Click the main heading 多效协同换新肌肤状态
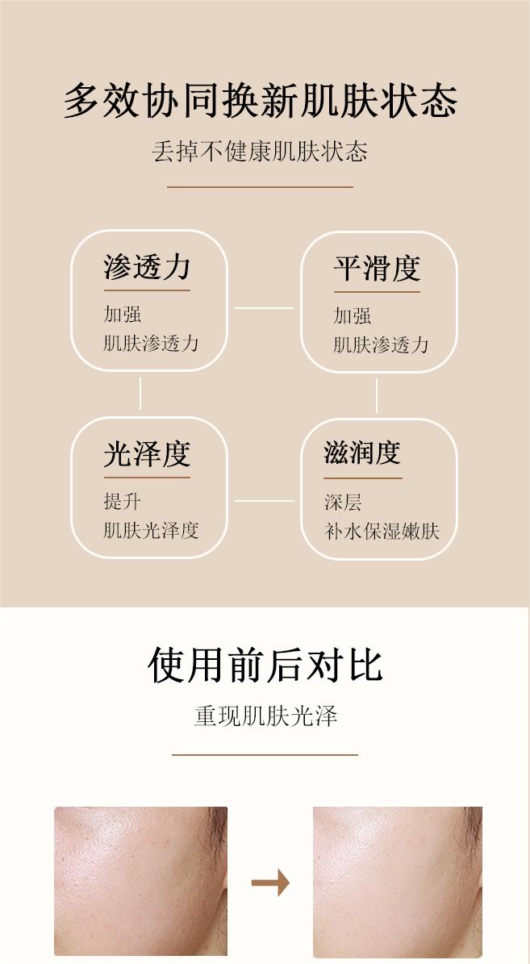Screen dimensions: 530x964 click(x=261, y=101)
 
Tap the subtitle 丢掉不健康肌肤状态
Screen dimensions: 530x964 click(x=260, y=152)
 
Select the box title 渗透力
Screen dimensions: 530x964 click(x=147, y=267)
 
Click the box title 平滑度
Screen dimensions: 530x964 click(x=377, y=269)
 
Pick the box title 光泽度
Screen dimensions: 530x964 click(x=147, y=454)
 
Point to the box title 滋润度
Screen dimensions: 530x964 click(x=362, y=453)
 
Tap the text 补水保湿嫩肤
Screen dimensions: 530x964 click(x=382, y=531)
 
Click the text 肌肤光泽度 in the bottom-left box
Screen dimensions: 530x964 click(x=151, y=530)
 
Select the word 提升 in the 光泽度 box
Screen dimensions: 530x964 click(x=122, y=501)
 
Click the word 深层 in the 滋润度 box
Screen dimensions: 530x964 click(x=343, y=503)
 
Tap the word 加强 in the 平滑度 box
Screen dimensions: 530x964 click(x=353, y=315)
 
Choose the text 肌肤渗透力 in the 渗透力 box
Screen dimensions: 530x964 click(x=151, y=343)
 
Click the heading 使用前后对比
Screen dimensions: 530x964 click(x=265, y=666)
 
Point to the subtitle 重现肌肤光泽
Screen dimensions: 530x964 click(x=265, y=716)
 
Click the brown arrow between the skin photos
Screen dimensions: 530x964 click(x=270, y=883)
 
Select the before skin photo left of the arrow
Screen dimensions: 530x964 click(x=140, y=881)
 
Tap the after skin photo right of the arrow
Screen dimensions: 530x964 click(x=397, y=881)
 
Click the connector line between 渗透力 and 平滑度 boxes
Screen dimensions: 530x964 click(x=264, y=307)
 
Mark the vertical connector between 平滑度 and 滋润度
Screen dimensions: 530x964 click(x=377, y=395)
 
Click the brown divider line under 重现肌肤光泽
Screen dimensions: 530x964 click(x=265, y=755)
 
